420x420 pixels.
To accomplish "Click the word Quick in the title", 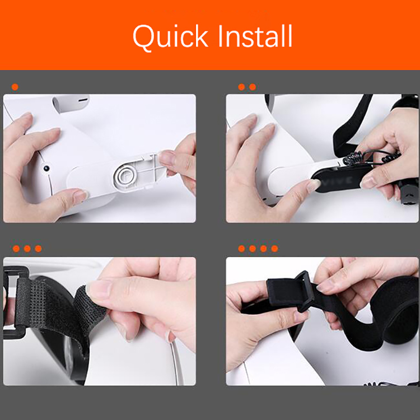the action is [170, 37].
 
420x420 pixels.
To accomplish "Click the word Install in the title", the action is [255, 36].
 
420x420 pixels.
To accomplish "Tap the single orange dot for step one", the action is [15, 87].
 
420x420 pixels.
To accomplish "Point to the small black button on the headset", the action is [46, 169].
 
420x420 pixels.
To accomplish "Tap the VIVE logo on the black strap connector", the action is [340, 180].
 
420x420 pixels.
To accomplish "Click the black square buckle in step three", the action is [14, 302].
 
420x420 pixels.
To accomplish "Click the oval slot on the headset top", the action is [83, 100].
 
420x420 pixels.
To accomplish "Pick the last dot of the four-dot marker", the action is [274, 249].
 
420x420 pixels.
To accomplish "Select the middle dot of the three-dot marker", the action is [27, 249].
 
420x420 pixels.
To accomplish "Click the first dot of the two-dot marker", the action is [241, 87].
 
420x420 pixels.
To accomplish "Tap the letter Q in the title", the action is [144, 38].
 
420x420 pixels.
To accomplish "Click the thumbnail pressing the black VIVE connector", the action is [313, 185].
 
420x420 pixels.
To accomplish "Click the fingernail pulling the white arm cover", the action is [166, 158].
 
